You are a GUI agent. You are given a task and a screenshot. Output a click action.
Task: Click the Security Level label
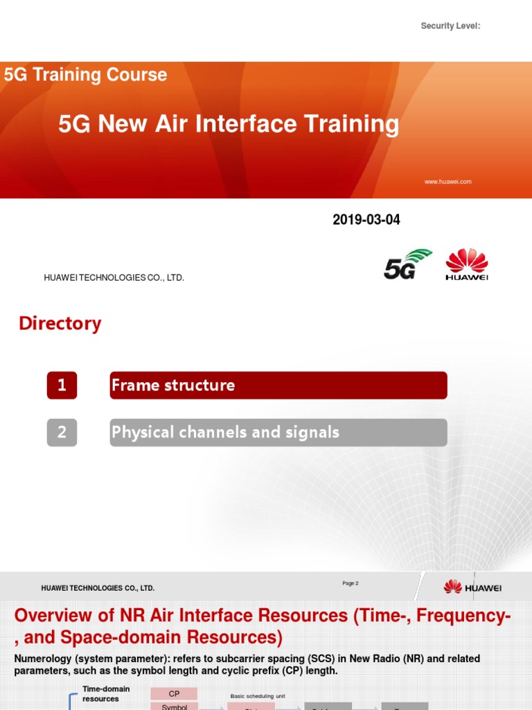450,26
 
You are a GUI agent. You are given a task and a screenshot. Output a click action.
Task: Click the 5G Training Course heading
85,75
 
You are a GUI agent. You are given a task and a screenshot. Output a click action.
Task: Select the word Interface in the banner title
250,124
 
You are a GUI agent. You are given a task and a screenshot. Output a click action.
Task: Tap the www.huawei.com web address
447,182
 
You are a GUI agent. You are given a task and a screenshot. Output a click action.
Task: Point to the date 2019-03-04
366,220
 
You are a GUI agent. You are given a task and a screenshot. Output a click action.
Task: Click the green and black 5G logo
407,264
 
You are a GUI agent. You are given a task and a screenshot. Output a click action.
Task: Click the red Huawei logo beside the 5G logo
466,265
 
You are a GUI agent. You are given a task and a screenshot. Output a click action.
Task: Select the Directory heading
60,324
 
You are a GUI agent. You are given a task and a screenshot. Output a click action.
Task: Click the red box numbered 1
62,386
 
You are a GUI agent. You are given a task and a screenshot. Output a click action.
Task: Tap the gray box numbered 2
62,433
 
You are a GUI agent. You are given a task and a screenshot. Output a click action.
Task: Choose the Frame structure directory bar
278,386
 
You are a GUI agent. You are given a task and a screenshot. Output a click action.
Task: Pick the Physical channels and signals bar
278,433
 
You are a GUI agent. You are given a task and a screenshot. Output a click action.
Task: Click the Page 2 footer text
350,584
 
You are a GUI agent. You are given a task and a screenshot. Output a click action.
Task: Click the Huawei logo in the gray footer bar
472,588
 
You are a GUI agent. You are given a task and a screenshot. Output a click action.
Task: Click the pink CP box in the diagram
174,694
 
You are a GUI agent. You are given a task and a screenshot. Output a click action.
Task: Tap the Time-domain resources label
106,694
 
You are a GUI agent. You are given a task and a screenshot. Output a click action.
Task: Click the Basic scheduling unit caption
258,695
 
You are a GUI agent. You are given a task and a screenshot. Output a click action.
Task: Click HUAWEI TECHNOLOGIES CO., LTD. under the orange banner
114,278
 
